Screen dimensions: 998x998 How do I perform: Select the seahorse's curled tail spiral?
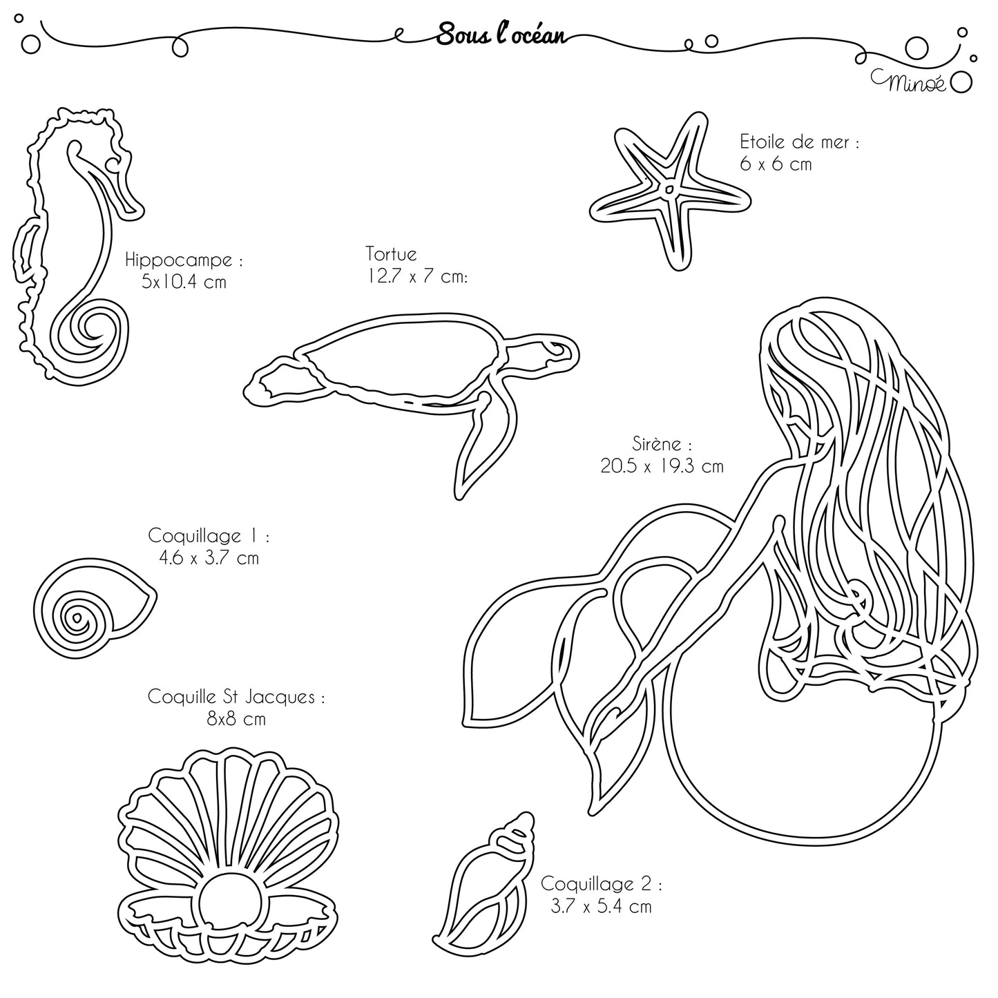pos(91,332)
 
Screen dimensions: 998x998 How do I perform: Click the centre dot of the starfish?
pos(670,189)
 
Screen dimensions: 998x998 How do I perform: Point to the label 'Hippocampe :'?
pos(184,260)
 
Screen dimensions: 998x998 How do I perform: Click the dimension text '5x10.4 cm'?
pos(184,282)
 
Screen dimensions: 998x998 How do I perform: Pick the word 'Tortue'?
pos(391,253)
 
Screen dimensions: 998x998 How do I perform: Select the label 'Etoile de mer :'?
pos(799,142)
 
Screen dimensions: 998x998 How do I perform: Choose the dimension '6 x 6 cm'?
pos(776,164)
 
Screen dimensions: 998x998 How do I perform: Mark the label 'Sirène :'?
pos(662,444)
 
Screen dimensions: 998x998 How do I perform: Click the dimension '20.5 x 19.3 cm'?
pos(662,466)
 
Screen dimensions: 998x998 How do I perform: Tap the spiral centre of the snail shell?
pos(77,618)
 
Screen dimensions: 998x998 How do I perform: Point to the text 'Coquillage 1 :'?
pos(208,535)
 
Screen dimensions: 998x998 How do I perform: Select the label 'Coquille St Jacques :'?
pos(236,697)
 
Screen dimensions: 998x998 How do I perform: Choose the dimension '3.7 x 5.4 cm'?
pos(602,907)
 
